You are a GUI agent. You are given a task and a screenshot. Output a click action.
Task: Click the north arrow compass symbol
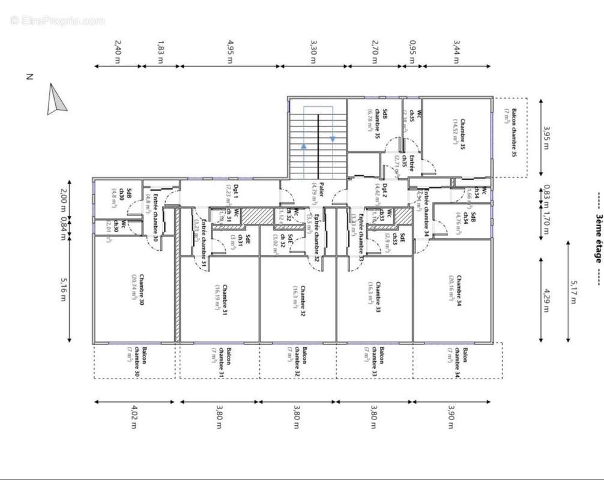coord(56,100)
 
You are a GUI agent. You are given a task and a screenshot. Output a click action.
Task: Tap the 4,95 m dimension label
coord(231,48)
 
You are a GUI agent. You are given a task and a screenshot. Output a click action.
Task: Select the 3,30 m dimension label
coord(313,48)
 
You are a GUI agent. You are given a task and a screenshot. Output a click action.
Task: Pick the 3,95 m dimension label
coord(546,137)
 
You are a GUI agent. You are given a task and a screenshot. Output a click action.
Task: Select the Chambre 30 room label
coord(137,290)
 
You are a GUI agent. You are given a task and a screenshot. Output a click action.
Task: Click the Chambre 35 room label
coord(459,133)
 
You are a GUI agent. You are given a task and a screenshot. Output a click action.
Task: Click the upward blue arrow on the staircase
coord(304,146)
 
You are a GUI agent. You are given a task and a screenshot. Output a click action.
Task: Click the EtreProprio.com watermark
coord(57,21)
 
